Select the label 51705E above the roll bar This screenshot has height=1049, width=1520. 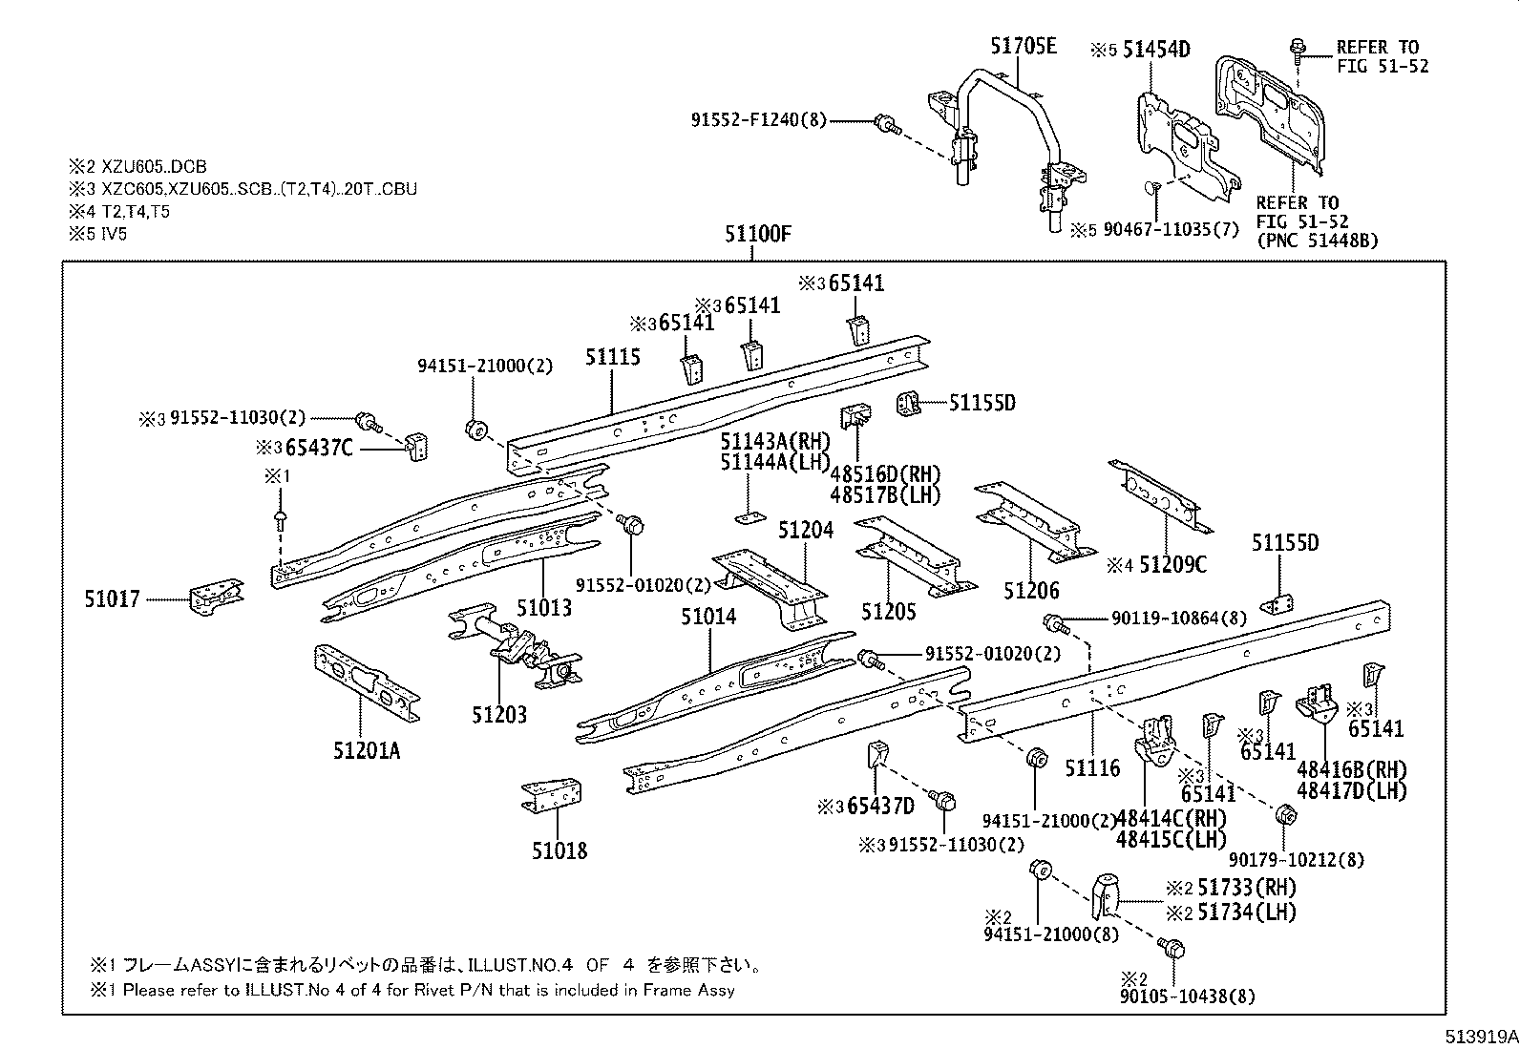point(1023,47)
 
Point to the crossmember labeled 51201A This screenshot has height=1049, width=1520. point(367,683)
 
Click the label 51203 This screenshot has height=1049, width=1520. point(498,715)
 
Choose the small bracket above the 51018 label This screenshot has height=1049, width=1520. point(552,796)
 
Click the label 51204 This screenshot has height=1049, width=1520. point(805,531)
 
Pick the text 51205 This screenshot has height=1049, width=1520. point(888,612)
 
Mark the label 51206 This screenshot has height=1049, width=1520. point(1031,592)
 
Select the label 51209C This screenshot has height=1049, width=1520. point(1172,565)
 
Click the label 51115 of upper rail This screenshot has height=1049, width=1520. point(612,358)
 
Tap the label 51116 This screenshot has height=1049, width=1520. point(1092,767)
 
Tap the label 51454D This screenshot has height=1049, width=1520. point(1155,51)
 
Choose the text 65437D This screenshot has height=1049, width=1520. point(880,807)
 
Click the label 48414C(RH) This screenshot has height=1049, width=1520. point(1171,818)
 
